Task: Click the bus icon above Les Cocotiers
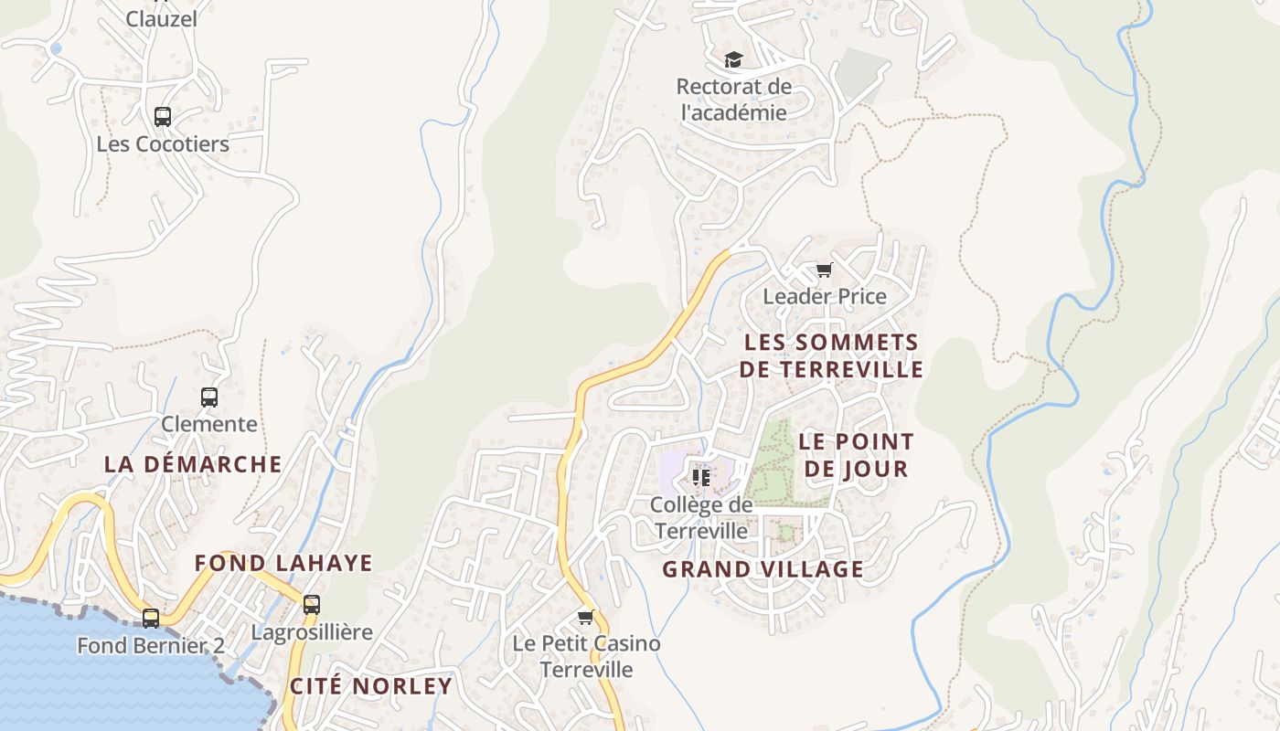point(163,117)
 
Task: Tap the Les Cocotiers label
point(163,144)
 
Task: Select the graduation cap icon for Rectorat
point(733,60)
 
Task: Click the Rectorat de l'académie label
point(733,100)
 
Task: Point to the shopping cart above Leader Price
point(825,270)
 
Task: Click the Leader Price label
point(825,296)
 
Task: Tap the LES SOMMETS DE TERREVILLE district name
point(832,355)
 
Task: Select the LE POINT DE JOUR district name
point(856,455)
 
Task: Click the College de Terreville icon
point(701,477)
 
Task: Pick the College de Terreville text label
point(701,517)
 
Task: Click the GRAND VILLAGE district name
point(763,569)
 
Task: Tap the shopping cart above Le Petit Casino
point(586,617)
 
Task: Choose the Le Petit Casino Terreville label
point(586,656)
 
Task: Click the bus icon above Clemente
point(209,397)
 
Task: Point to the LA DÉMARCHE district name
point(193,464)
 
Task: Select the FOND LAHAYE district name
point(283,563)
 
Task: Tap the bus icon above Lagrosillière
point(312,604)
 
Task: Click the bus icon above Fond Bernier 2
point(151,619)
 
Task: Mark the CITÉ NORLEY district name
point(371,686)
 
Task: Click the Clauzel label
point(162,18)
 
